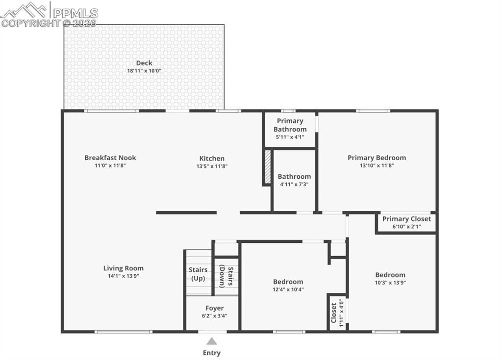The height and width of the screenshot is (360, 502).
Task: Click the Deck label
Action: pyautogui.click(x=144, y=63)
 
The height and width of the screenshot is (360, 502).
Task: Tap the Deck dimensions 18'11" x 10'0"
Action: pyautogui.click(x=144, y=71)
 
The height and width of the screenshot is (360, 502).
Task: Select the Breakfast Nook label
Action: pyautogui.click(x=110, y=157)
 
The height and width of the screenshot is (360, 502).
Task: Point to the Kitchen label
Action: pyautogui.click(x=212, y=158)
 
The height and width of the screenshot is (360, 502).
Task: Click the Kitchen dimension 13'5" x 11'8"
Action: pyautogui.click(x=212, y=166)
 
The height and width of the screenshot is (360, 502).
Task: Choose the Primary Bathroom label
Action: pyautogui.click(x=290, y=125)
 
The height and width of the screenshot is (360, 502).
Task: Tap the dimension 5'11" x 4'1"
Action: pyautogui.click(x=290, y=137)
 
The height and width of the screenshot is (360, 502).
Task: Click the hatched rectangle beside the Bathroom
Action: pyautogui.click(x=267, y=167)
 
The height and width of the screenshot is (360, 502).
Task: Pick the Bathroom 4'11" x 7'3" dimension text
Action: pyautogui.click(x=294, y=184)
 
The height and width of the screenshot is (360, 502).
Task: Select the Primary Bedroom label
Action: pyautogui.click(x=377, y=158)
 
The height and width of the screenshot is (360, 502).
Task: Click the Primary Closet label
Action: pyautogui.click(x=406, y=219)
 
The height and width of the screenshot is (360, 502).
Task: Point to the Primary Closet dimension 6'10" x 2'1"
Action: pyautogui.click(x=406, y=227)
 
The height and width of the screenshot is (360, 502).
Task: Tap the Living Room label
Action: pyautogui.click(x=123, y=268)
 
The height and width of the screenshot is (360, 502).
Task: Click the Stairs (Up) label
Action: pyautogui.click(x=198, y=274)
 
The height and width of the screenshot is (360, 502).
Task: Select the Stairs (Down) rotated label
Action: pyautogui.click(x=226, y=276)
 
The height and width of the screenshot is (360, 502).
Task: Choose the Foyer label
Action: pyautogui.click(x=215, y=308)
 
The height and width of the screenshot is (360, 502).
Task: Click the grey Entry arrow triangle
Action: pyautogui.click(x=212, y=341)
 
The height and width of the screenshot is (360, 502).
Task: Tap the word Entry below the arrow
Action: pyautogui.click(x=212, y=353)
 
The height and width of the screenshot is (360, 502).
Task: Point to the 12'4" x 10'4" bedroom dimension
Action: pyautogui.click(x=288, y=289)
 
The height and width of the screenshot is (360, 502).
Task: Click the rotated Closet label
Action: pyautogui.click(x=333, y=313)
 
